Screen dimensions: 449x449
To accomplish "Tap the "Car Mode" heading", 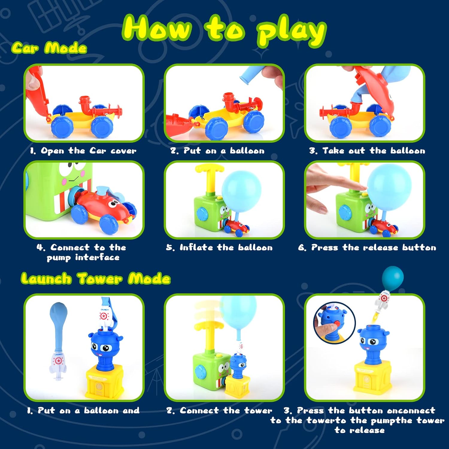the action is pyautogui.click(x=49, y=48).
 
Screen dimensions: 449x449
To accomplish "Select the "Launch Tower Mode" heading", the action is pyautogui.click(x=96, y=278).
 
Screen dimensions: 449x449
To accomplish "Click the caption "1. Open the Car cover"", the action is pyautogui.click(x=83, y=151).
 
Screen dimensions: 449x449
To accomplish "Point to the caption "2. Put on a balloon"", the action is pyautogui.click(x=218, y=151).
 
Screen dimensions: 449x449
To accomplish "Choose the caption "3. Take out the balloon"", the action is pyautogui.click(x=367, y=151).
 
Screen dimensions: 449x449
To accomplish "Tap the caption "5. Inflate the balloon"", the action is pyautogui.click(x=219, y=248).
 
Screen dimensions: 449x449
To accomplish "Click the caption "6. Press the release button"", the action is pyautogui.click(x=367, y=248).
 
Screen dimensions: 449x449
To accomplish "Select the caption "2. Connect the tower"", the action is pyautogui.click(x=219, y=410).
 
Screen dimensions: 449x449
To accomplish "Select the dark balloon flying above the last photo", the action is pyautogui.click(x=393, y=278).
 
